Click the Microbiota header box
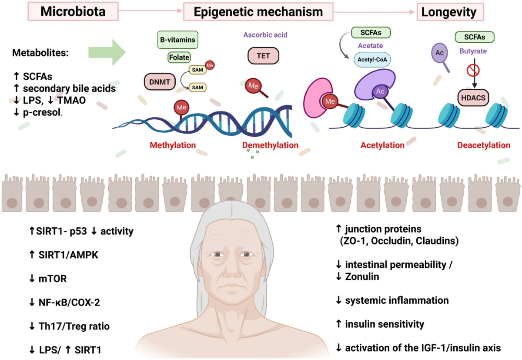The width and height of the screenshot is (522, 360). pos(73,11)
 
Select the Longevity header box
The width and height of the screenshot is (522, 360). pos(450,12)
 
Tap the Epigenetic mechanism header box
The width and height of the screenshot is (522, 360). pos(258,12)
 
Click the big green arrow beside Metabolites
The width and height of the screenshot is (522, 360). pos(107,52)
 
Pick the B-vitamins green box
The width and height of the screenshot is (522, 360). pos(177,40)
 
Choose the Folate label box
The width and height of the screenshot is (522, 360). pos(179,57)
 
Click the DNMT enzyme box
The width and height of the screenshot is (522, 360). pos(160,82)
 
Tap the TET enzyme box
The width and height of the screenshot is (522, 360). pos(263,56)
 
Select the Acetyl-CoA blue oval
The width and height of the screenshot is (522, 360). pos(372,60)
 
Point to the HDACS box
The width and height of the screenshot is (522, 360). pos(473,98)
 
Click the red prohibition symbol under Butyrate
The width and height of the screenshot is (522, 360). pos(473,70)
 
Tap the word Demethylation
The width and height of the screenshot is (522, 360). pos(270,145)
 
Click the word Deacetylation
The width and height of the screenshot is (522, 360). pos(484,145)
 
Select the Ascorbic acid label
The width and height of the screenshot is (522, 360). pos(265,35)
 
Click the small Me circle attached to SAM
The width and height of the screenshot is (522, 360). pos(210,65)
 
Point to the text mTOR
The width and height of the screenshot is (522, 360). pos(53,279)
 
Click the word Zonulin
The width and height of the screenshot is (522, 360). pos(362,276)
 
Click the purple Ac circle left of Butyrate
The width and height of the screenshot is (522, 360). pos(439,53)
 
